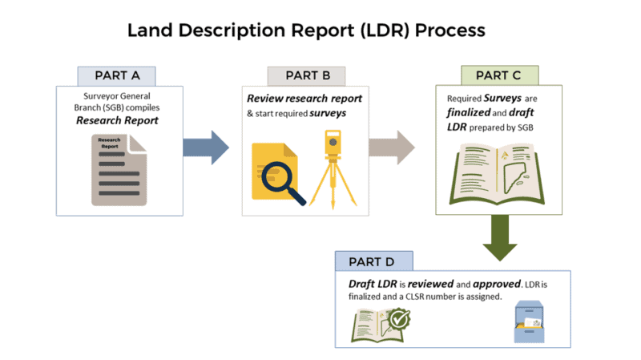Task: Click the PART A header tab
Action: (x=117, y=75)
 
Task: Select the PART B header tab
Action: (x=307, y=75)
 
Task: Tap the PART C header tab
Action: (x=498, y=75)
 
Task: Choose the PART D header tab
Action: (x=375, y=261)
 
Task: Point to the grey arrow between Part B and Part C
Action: (x=392, y=148)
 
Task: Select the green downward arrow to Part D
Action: (x=499, y=239)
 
